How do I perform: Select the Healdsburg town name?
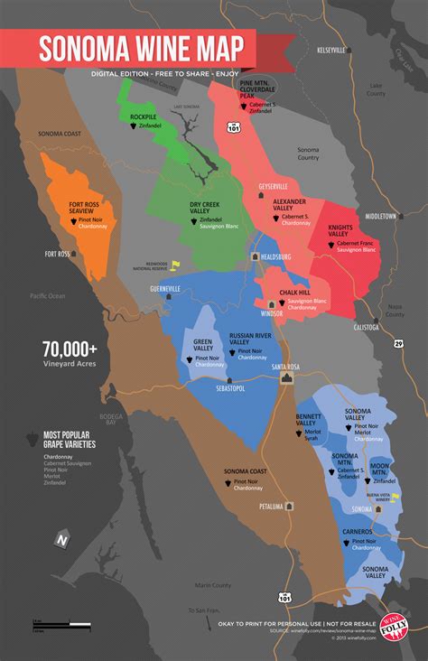(x=281, y=256)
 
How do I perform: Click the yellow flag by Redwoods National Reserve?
(x=175, y=265)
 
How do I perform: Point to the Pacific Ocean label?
(x=47, y=295)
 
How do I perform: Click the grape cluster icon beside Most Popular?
(x=35, y=437)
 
